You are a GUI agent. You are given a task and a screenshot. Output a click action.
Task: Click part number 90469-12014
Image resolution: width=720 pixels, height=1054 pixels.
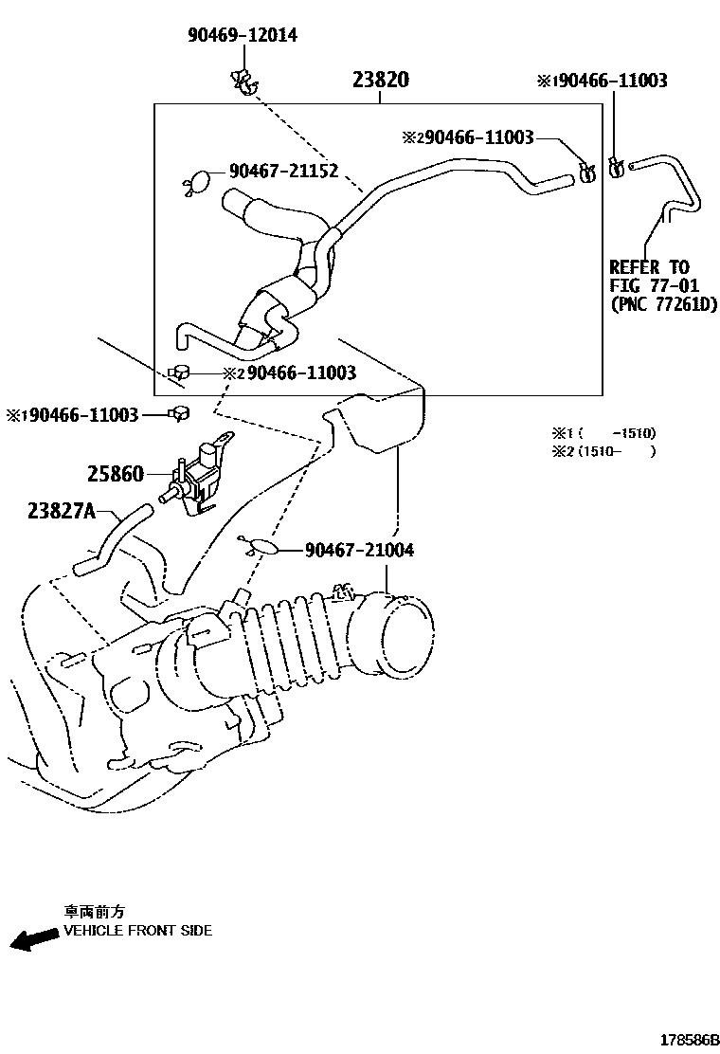click(242, 35)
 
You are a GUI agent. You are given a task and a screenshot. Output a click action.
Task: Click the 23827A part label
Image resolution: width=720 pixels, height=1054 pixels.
click(62, 511)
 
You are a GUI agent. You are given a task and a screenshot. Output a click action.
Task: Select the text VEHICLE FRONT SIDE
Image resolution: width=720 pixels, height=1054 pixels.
click(137, 930)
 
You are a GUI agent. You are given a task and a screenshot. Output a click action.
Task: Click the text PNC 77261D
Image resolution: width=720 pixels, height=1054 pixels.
click(663, 304)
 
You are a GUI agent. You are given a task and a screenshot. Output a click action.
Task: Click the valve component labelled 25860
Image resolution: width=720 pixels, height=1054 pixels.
click(200, 471)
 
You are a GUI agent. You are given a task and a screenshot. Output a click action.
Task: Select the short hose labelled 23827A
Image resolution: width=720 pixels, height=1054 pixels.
click(112, 539)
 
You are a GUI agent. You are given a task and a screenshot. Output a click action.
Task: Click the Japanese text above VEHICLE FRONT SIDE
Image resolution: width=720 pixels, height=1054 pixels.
click(94, 911)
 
